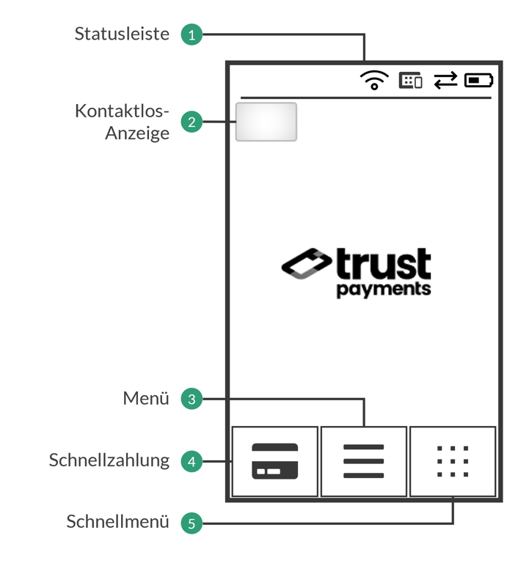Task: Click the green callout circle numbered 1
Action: point(192,34)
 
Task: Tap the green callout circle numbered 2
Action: point(192,122)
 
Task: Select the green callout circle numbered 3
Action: point(192,400)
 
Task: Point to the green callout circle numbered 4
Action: point(192,461)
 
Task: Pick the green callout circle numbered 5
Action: point(192,523)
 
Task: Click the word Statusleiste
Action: point(122,34)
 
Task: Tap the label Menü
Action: point(146,399)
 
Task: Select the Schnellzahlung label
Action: point(109,460)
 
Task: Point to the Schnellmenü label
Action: point(118,522)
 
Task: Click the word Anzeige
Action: point(137,133)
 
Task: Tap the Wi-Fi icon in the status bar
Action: point(374,79)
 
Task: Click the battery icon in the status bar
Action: point(478,80)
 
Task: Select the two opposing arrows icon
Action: point(445,80)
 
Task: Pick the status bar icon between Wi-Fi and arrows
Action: point(410,80)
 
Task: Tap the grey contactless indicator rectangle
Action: point(266,122)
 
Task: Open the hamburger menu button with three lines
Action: point(364,461)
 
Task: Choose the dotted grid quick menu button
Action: point(453,461)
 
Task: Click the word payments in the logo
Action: point(384,289)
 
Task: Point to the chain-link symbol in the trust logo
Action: point(306,264)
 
